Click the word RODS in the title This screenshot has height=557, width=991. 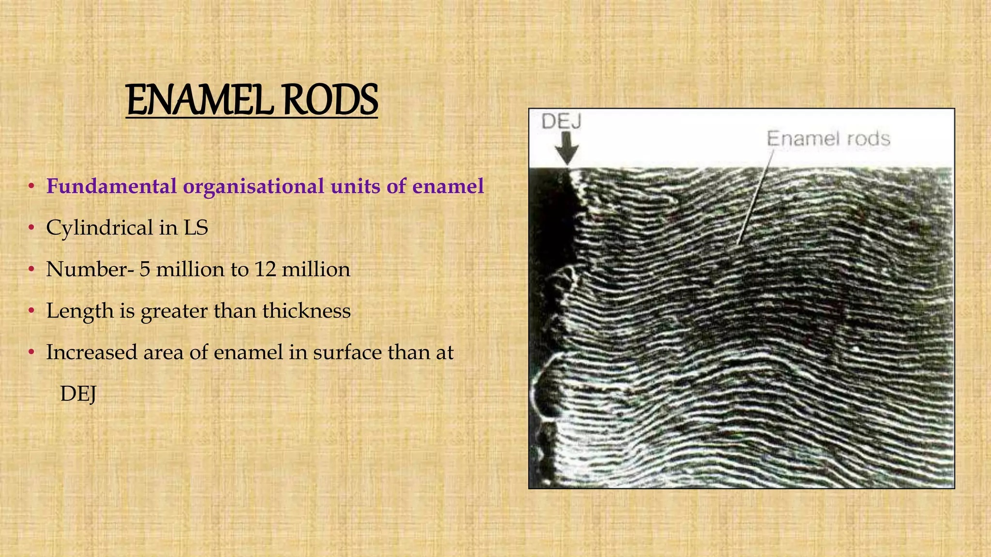(330, 101)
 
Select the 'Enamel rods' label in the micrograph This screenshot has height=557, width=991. (828, 139)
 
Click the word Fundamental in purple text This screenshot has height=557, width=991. (111, 186)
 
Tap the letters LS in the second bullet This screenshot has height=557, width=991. (196, 228)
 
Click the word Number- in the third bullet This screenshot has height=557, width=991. (90, 269)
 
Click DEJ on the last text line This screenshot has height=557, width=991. (78, 394)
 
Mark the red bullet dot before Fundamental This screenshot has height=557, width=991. (30, 186)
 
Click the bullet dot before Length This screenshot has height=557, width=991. (30, 311)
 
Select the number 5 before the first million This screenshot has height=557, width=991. (145, 269)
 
